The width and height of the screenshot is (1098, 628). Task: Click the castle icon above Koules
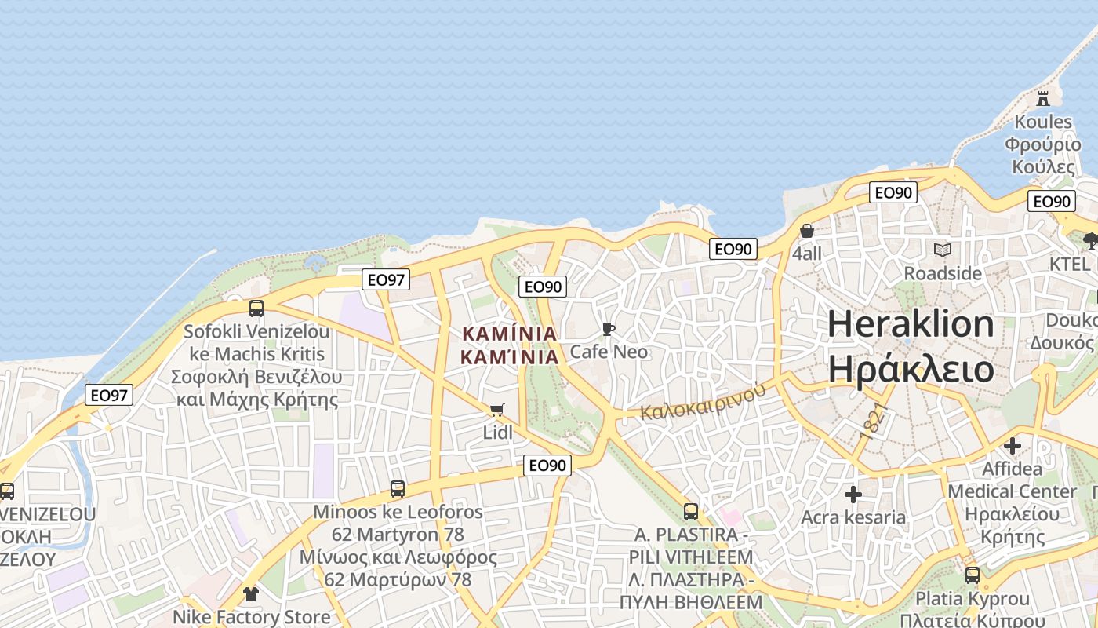pyautogui.click(x=1042, y=99)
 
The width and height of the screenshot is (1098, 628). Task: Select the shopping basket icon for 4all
pyautogui.click(x=806, y=231)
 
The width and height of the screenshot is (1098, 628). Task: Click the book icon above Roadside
pyautogui.click(x=943, y=250)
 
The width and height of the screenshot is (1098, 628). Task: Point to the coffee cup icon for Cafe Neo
pyautogui.click(x=608, y=329)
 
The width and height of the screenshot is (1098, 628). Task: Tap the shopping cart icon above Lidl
pyautogui.click(x=496, y=410)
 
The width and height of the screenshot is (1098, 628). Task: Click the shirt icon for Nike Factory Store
pyautogui.click(x=250, y=593)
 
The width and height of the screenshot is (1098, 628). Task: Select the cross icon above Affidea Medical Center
pyautogui.click(x=1013, y=446)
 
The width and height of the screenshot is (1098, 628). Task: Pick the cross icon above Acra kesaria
pyautogui.click(x=853, y=495)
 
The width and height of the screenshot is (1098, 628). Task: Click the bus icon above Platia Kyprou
pyautogui.click(x=973, y=575)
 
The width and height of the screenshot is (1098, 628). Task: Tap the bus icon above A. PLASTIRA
pyautogui.click(x=691, y=512)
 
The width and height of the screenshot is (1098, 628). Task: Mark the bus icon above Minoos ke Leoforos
pyautogui.click(x=398, y=489)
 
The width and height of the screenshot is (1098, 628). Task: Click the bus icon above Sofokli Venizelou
pyautogui.click(x=256, y=309)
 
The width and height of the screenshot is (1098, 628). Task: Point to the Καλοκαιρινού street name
pyautogui.click(x=702, y=401)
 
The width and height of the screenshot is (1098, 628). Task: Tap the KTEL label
pyautogui.click(x=1070, y=264)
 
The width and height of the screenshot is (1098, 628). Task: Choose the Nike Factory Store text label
pyautogui.click(x=252, y=617)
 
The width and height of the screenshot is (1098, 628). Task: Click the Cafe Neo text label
pyautogui.click(x=609, y=352)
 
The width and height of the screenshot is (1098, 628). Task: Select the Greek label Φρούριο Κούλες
pyautogui.click(x=1043, y=155)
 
